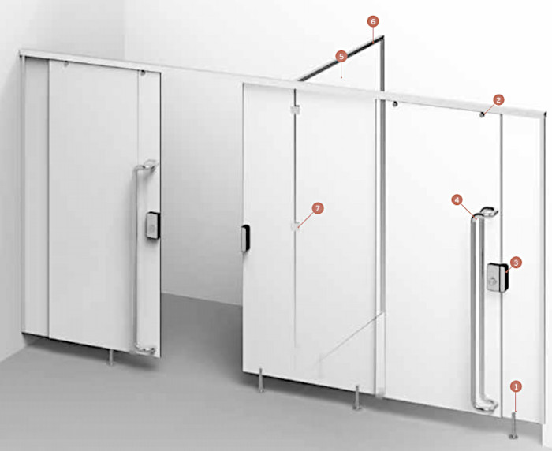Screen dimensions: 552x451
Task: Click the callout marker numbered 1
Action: point(516,386)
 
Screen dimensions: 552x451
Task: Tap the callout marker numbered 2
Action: point(498,100)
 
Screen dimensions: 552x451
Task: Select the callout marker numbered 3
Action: point(516,263)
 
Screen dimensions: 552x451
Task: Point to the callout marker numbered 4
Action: point(457,200)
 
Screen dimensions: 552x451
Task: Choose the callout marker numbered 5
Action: point(341,56)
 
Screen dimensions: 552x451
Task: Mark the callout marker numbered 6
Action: point(373,21)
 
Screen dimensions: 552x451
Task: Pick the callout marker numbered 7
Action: point(318,208)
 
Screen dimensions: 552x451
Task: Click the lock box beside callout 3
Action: point(498,278)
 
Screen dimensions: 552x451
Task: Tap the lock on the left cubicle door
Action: point(154,225)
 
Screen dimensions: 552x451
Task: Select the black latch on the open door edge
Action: point(245,238)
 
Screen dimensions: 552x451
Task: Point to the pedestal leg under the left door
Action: point(110,356)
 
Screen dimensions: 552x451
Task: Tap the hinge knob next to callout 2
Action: point(483,114)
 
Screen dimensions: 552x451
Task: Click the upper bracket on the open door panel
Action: point(295,110)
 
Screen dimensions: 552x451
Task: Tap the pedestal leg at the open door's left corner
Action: point(261,380)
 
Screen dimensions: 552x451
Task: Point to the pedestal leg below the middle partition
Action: point(357,397)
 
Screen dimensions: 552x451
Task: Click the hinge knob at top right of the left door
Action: point(143,73)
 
